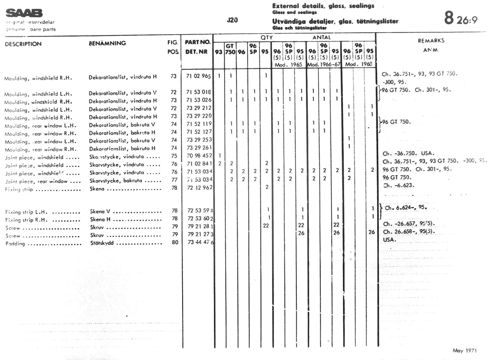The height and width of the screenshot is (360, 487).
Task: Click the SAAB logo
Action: pyautogui.click(x=24, y=13)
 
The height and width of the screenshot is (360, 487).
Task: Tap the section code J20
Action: pyautogui.click(x=232, y=20)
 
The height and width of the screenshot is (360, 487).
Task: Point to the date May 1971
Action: pyautogui.click(x=465, y=350)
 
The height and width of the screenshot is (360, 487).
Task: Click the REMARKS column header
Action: pyautogui.click(x=431, y=41)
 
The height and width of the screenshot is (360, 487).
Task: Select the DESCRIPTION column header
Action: pyautogui.click(x=23, y=44)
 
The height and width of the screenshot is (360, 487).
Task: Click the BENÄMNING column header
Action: pyautogui.click(x=107, y=43)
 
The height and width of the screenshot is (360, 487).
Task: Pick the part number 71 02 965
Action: pyautogui.click(x=198, y=76)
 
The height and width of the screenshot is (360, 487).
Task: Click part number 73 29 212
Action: pyautogui.click(x=199, y=108)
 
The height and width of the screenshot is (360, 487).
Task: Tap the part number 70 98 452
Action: pyautogui.click(x=199, y=156)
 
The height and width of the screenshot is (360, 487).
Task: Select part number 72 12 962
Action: pyautogui.click(x=200, y=188)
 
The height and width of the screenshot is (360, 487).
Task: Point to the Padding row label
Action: pyautogui.click(x=15, y=244)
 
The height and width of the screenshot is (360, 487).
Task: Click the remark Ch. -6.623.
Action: pyautogui.click(x=399, y=185)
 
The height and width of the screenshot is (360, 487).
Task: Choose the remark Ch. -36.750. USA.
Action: pyautogui.click(x=408, y=154)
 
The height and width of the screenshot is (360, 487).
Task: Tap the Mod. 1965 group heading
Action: pyautogui.click(x=288, y=65)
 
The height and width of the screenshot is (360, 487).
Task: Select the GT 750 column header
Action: pyautogui.click(x=230, y=49)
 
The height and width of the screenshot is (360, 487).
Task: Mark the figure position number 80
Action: pyautogui.click(x=175, y=242)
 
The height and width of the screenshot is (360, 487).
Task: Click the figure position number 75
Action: pyautogui.click(x=174, y=156)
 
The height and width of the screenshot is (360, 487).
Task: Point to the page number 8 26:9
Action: pyautogui.click(x=461, y=19)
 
